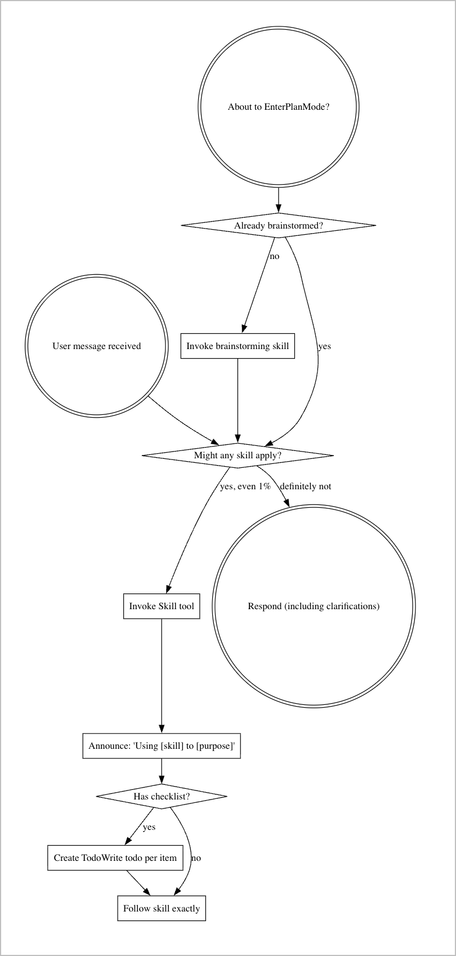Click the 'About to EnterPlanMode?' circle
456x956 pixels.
tap(278, 107)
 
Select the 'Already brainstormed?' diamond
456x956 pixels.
tap(278, 226)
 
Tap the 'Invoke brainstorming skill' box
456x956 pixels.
tap(238, 346)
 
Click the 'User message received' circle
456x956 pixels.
tap(97, 346)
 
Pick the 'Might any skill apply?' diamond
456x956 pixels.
tap(238, 455)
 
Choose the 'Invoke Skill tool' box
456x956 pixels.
tap(162, 606)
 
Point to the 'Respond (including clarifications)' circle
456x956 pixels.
tap(314, 606)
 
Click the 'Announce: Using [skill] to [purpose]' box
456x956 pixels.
tap(162, 746)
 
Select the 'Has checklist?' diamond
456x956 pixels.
tap(162, 796)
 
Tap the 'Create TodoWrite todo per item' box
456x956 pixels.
tap(115, 858)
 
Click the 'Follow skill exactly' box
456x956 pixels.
tap(162, 908)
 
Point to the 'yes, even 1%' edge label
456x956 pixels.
tap(245, 486)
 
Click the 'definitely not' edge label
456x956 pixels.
tap(306, 486)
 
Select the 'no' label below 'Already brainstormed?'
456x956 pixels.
tap(274, 256)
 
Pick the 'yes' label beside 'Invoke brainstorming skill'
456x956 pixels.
tap(324, 346)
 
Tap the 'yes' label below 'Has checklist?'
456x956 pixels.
tap(149, 827)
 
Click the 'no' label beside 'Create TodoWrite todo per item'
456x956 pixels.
tap(196, 858)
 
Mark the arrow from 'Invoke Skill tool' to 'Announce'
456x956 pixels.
tap(162, 676)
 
